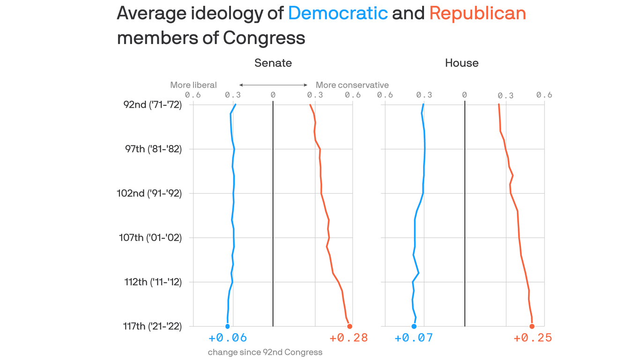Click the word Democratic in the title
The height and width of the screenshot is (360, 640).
338,13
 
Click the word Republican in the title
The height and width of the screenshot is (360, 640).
477,13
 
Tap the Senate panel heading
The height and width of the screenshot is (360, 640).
273,63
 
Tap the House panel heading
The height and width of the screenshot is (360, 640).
461,63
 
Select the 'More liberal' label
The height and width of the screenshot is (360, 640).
193,85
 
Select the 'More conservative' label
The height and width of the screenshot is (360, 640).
352,85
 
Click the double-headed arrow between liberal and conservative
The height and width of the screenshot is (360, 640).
273,85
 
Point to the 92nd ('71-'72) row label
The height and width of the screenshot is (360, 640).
152,105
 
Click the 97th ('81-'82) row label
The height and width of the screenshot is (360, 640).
153,149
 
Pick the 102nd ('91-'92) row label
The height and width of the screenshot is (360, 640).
149,193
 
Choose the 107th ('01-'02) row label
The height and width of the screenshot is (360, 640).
150,238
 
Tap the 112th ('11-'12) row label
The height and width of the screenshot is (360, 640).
153,282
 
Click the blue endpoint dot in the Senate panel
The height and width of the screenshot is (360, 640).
227,326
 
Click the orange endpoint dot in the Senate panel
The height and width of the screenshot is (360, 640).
350,326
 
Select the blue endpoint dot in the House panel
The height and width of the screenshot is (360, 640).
414,326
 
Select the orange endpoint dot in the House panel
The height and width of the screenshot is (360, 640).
532,326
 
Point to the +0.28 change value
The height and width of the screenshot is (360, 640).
348,338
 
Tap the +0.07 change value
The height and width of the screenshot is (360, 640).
413,338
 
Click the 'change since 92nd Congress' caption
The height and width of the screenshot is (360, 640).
265,352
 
